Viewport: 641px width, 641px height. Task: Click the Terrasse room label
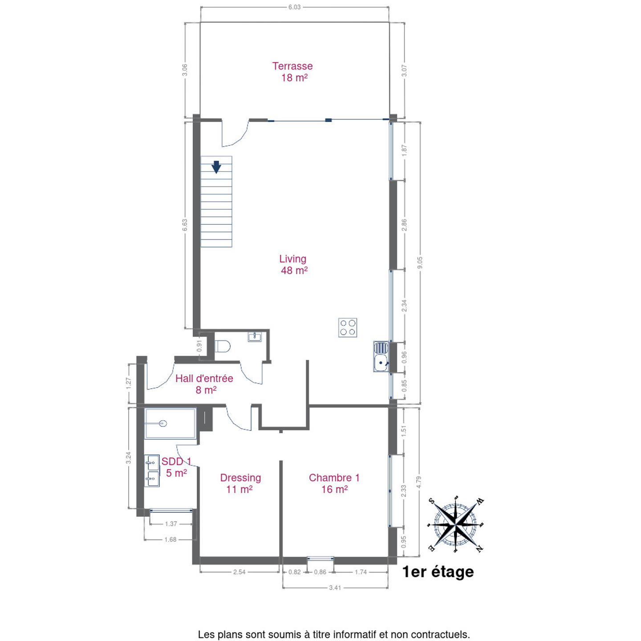pos(292,72)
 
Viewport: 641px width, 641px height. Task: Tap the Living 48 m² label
pos(293,264)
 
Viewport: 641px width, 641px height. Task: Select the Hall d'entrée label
pos(204,384)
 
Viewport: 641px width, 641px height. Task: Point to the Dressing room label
pos(240,483)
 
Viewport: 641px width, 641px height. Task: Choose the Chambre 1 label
pos(334,483)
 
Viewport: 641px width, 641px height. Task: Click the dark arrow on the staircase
pos(216,167)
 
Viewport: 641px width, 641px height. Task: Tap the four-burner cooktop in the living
pos(348,328)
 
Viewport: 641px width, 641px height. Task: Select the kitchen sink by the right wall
pos(381,356)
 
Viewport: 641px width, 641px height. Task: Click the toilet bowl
pos(222,346)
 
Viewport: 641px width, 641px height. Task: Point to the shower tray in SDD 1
pos(170,423)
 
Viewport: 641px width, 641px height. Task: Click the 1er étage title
pos(438,572)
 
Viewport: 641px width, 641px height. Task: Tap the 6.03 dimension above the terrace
pos(294,7)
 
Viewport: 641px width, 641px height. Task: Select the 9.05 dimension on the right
pos(420,263)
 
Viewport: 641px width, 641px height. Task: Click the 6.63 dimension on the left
pos(185,225)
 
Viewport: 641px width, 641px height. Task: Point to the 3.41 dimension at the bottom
pos(335,588)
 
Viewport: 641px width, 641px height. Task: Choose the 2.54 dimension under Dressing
pos(239,572)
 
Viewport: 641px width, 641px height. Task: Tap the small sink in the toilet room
pos(255,337)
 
